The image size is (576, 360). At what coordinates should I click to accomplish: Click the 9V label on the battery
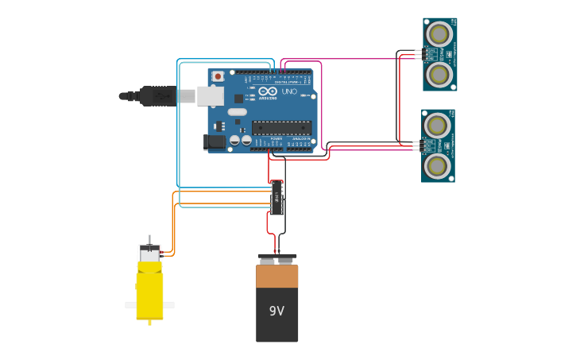point(276,311)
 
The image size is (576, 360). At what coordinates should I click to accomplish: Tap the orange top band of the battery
point(276,276)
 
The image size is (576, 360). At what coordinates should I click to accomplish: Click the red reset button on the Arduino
point(218,76)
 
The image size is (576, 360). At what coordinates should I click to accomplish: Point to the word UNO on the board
point(289,91)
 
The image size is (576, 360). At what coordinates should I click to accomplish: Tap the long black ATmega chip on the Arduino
point(281,127)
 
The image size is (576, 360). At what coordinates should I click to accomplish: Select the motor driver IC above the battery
point(276,197)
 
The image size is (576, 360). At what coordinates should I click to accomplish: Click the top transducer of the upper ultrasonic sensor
point(439,34)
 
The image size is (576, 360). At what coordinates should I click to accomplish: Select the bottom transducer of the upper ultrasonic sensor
point(439,74)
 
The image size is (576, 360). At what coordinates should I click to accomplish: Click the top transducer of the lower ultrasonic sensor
point(437,126)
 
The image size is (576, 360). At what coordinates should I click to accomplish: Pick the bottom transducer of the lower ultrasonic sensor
point(437,165)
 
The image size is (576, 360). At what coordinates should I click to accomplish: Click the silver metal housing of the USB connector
point(210,96)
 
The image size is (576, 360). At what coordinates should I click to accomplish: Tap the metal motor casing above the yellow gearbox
point(149,254)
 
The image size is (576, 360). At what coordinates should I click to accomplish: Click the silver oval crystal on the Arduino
point(237,112)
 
